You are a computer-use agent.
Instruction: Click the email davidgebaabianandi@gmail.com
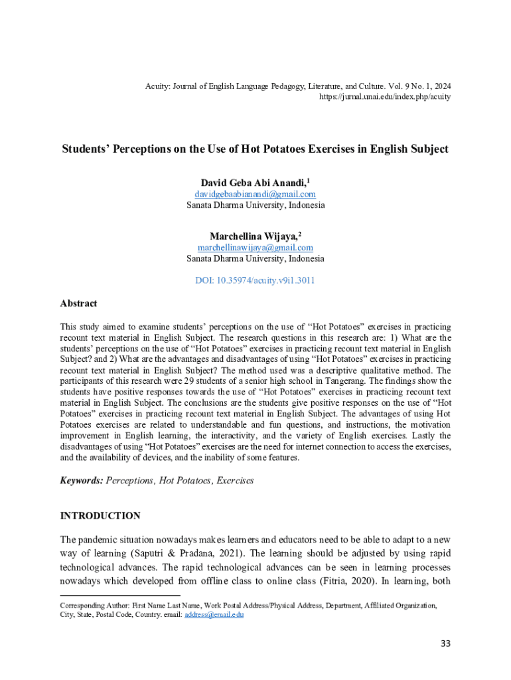[255, 194]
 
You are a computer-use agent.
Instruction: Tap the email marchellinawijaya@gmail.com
[255, 248]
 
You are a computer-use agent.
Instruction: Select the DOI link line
[255, 280]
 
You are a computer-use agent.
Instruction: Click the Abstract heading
[78, 303]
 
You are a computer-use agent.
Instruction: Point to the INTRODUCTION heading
[100, 515]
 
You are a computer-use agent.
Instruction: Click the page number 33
[446, 643]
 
